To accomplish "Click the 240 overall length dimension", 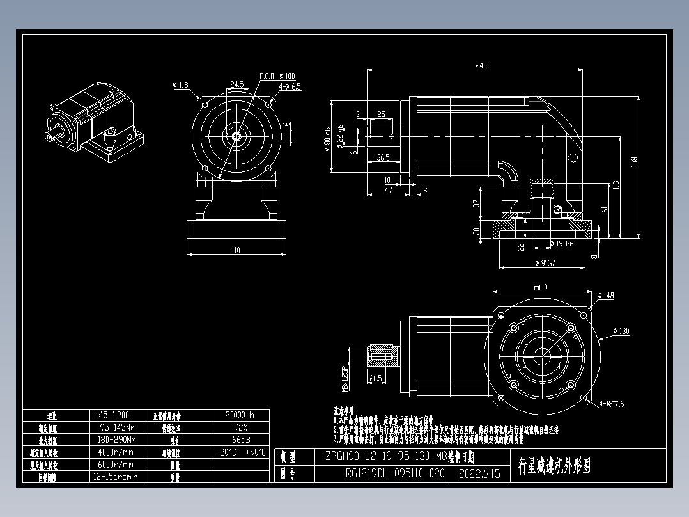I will point(481,65).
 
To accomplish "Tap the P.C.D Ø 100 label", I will point(277,76).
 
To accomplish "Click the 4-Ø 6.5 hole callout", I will point(290,86).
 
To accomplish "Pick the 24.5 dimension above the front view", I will point(236,84).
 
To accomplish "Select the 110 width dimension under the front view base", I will point(235,250).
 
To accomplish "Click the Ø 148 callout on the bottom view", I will point(605,296).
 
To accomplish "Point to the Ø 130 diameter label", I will point(621,331).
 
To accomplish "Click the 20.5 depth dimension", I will point(375,378).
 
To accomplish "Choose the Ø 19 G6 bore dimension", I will point(561,244).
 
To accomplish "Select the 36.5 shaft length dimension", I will point(383,157).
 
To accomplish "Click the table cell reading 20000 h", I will point(240,415).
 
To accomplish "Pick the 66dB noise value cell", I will point(240,440).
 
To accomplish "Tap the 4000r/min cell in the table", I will point(116,452).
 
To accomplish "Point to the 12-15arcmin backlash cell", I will point(116,477).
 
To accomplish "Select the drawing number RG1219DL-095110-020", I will point(394,474).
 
